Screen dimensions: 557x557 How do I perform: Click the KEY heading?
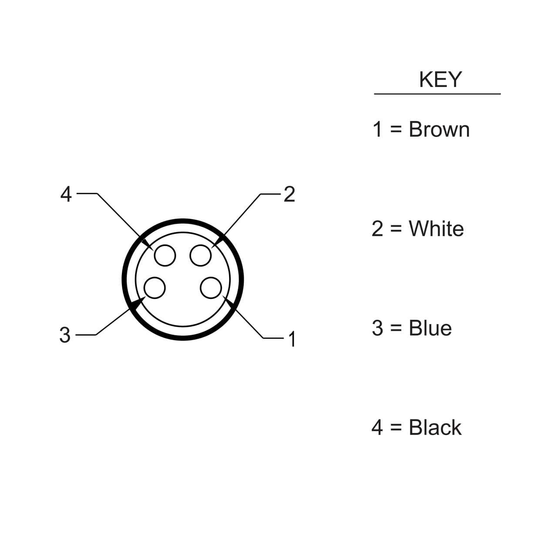[x=440, y=80]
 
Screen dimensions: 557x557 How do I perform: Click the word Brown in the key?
[x=439, y=130]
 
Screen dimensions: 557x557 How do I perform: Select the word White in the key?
[x=436, y=229]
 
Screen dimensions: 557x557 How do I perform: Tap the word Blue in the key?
[x=430, y=328]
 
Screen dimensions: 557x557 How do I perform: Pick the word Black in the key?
[x=435, y=427]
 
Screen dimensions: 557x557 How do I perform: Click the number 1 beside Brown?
[x=377, y=130]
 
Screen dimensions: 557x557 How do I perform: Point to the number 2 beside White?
[x=377, y=229]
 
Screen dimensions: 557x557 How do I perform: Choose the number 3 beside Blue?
[x=377, y=328]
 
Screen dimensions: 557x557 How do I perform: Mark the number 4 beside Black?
[x=377, y=427]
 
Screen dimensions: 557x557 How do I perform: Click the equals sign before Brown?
[x=395, y=130]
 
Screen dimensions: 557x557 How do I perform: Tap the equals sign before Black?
[x=395, y=428]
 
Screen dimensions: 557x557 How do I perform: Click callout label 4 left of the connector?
[x=66, y=194]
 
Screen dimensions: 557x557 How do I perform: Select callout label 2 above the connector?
[x=289, y=194]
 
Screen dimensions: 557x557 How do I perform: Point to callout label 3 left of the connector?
[x=65, y=335]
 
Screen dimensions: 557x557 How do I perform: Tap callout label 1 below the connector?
[x=292, y=339]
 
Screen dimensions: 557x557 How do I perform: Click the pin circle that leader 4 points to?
[x=165, y=255]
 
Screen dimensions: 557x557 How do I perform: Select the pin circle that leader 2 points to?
[x=201, y=255]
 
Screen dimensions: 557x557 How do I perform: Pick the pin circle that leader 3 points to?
[x=154, y=288]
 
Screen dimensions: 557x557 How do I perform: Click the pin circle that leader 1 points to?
[x=211, y=288]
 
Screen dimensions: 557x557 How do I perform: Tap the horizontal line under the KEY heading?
[x=437, y=94]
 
